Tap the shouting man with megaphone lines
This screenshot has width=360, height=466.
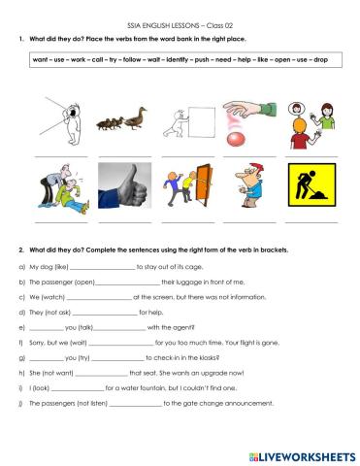coord(60,119)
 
